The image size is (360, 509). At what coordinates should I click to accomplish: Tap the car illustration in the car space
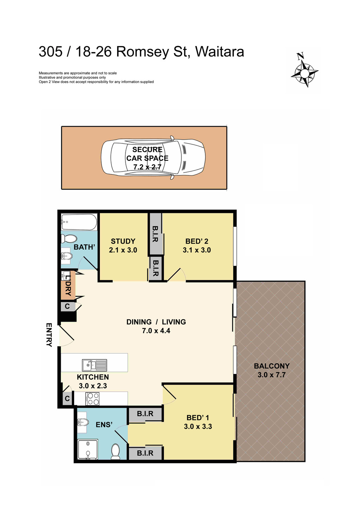[153, 157]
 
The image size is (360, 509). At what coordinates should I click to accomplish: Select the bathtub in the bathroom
[79, 222]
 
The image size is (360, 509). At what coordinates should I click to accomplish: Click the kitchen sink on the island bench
[95, 365]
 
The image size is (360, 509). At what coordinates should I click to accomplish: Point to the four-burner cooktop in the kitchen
[93, 399]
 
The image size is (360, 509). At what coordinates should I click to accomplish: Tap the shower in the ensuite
[88, 450]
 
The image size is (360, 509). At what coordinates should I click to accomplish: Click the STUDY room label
[123, 241]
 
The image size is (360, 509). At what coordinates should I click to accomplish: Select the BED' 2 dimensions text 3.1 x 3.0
[197, 250]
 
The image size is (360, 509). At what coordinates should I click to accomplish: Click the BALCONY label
[272, 366]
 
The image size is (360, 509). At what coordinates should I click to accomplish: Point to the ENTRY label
[49, 335]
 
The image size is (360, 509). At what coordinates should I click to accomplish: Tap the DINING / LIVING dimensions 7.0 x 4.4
[156, 331]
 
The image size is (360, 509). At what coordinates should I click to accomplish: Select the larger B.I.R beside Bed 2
[155, 234]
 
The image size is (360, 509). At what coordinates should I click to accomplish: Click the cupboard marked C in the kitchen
[67, 399]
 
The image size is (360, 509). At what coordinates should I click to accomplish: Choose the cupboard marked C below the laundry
[67, 307]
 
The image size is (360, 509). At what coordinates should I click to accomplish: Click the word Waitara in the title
[219, 52]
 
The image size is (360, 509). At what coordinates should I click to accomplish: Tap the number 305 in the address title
[50, 52]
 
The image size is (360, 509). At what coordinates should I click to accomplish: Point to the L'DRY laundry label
[68, 285]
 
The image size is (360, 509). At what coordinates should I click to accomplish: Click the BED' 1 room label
[198, 418]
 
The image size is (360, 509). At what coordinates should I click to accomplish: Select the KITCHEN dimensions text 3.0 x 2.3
[93, 386]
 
